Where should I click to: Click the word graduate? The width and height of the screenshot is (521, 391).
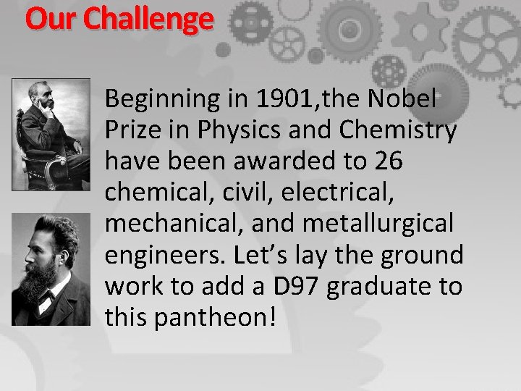click(x=384, y=287)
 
